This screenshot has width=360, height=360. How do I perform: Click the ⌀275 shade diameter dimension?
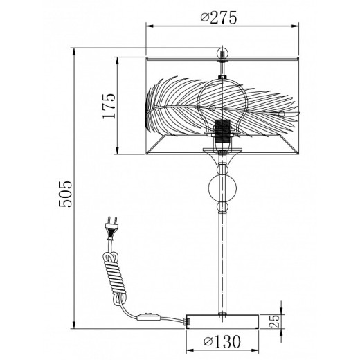point(219,17)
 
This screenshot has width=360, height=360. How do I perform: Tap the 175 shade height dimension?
point(109,106)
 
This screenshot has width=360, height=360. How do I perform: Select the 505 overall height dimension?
point(65,194)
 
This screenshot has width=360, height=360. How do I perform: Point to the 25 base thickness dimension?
point(274,321)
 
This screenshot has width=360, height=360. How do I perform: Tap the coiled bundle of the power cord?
point(115,276)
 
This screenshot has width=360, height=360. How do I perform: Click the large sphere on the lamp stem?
point(222,188)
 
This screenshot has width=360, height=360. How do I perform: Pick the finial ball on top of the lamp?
point(222,53)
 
